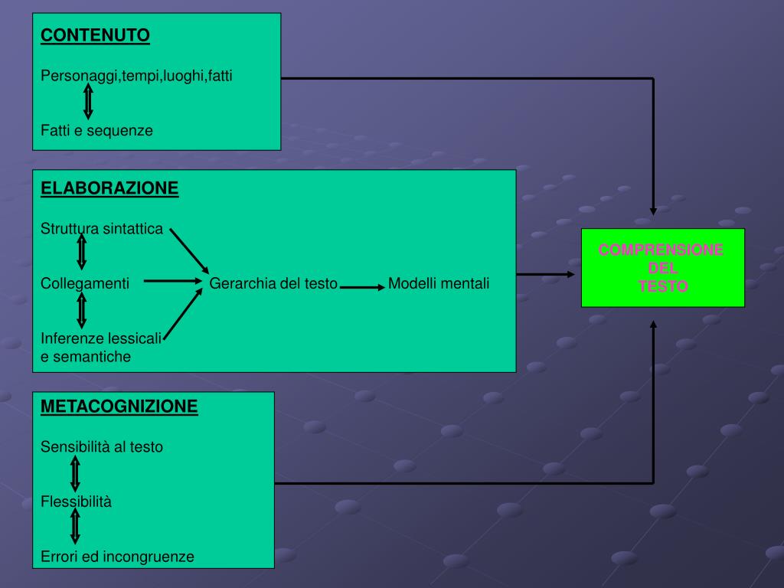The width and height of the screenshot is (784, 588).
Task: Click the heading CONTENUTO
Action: pyautogui.click(x=95, y=35)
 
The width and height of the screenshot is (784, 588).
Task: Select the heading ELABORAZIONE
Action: pyautogui.click(x=109, y=188)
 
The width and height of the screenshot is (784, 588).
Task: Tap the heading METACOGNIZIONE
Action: pyautogui.click(x=119, y=407)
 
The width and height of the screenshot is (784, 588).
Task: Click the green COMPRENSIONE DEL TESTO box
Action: pyautogui.click(x=662, y=267)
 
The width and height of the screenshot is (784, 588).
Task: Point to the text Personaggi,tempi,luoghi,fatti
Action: pyautogui.click(x=136, y=76)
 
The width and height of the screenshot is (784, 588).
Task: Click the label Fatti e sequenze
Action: pyautogui.click(x=96, y=130)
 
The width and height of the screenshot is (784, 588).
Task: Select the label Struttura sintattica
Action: pyautogui.click(x=102, y=228)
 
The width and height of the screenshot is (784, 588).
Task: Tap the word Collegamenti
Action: pyautogui.click(x=85, y=283)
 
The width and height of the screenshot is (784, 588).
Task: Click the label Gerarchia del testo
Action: pyautogui.click(x=273, y=283)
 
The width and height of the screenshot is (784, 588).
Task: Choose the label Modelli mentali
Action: pyautogui.click(x=438, y=283)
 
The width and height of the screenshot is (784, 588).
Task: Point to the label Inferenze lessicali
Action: pyautogui.click(x=101, y=338)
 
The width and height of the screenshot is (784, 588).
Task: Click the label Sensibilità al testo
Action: pyautogui.click(x=102, y=446)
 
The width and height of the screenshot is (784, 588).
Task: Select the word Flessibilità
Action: pyautogui.click(x=76, y=501)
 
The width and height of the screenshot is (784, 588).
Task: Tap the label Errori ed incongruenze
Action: pyautogui.click(x=117, y=557)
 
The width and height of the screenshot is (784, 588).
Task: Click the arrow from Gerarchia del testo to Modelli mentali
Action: pyautogui.click(x=362, y=287)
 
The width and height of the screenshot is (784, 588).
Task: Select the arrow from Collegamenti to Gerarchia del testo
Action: pyautogui.click(x=171, y=281)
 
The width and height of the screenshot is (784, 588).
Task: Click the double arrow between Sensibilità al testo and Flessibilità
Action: pyautogui.click(x=75, y=473)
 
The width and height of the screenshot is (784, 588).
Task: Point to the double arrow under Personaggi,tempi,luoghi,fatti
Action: pyautogui.click(x=88, y=101)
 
